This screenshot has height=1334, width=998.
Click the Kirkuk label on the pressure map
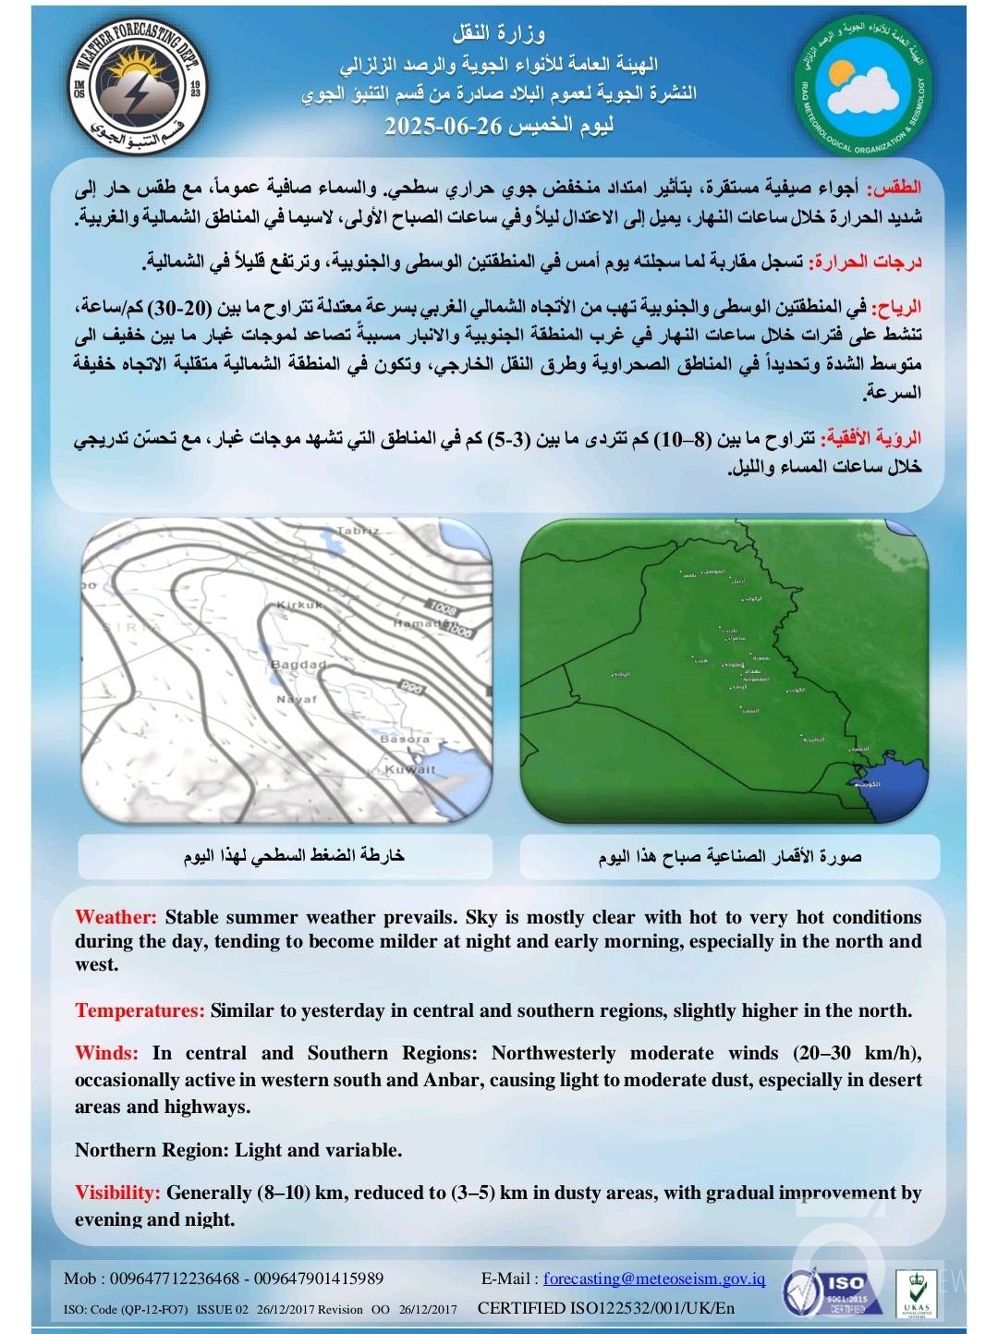[x=299, y=605]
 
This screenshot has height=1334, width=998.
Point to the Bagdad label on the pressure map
[x=298, y=665]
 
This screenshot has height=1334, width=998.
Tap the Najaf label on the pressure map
[x=297, y=700]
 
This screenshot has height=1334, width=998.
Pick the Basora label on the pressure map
[x=404, y=740]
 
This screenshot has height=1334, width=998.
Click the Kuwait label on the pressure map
[x=409, y=769]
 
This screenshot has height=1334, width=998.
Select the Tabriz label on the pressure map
[x=359, y=531]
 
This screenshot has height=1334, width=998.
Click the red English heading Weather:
[x=116, y=917]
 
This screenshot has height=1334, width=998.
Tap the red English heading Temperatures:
[x=140, y=1010]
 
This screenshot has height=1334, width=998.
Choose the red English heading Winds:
[x=106, y=1053]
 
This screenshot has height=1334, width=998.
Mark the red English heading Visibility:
[x=117, y=1193]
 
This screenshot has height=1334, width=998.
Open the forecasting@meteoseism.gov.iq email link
[x=654, y=1279]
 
